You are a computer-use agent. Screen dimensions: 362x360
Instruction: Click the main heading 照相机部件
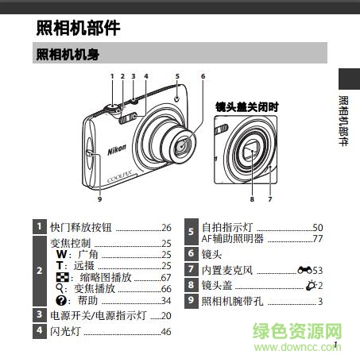click(x=78, y=28)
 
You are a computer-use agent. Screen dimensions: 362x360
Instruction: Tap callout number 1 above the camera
click(x=113, y=76)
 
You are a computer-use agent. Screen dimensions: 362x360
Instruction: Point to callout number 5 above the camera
click(x=177, y=76)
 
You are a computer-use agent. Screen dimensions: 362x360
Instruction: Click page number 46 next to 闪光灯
click(x=166, y=331)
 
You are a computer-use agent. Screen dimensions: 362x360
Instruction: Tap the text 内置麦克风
click(x=227, y=271)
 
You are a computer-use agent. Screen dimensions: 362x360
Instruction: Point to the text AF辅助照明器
click(x=230, y=238)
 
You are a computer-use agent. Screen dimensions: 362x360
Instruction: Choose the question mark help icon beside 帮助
click(x=60, y=300)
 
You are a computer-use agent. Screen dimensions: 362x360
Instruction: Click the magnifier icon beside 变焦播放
click(x=60, y=289)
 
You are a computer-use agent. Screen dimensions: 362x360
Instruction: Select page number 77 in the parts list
click(x=317, y=238)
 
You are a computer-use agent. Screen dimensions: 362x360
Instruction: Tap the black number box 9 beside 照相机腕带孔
click(x=191, y=301)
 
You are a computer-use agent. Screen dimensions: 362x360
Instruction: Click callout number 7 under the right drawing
click(x=270, y=199)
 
